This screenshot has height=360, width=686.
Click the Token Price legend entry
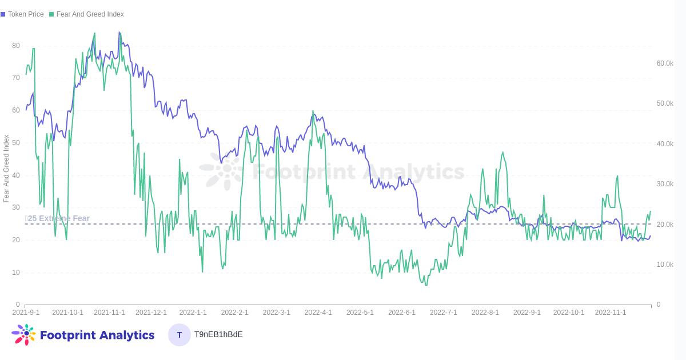click(x=26, y=14)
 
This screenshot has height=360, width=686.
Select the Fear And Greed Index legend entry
click(x=90, y=14)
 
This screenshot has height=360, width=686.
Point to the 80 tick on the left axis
click(x=16, y=46)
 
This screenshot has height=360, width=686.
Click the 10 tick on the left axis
click(x=16, y=273)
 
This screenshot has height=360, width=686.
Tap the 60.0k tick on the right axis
click(x=665, y=63)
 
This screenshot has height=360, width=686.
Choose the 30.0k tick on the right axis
click(x=665, y=184)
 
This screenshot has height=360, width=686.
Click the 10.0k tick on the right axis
click(x=665, y=265)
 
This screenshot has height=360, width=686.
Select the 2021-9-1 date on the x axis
click(x=26, y=313)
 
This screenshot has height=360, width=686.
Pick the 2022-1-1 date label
click(x=193, y=313)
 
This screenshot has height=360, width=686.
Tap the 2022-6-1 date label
click(x=402, y=313)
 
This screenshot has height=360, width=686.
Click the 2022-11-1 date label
click(x=611, y=313)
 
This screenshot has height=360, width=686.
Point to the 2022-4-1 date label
click(x=318, y=313)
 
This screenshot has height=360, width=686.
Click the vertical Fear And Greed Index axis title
click(x=6, y=169)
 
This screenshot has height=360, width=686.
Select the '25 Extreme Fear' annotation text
click(x=58, y=218)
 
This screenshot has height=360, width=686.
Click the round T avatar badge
click(x=180, y=335)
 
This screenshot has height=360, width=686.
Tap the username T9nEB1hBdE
click(x=218, y=334)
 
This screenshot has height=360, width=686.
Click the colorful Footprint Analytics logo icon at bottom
click(x=23, y=335)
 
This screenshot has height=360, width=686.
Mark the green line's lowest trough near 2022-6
click(x=426, y=285)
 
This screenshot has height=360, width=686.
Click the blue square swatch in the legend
click(x=3, y=14)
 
